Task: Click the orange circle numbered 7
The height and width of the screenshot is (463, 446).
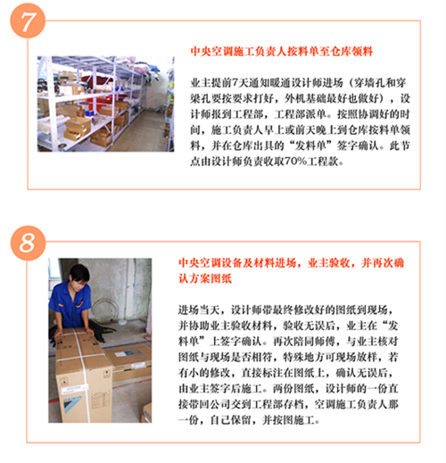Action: point(28,21)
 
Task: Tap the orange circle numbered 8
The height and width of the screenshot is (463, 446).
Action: point(29,243)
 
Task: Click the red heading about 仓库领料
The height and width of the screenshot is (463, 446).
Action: point(282,52)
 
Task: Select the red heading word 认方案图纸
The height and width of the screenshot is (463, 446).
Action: point(205,278)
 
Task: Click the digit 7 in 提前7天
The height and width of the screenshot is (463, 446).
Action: point(235,83)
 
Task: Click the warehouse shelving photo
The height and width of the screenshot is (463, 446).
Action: point(105,103)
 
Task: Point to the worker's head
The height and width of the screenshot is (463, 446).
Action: point(79,275)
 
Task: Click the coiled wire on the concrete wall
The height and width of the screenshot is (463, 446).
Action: point(104,310)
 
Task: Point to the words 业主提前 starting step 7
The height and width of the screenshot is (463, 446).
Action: point(211,83)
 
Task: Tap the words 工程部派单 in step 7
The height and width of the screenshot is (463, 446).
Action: point(300,114)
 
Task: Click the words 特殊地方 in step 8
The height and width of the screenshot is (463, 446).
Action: point(304,357)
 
